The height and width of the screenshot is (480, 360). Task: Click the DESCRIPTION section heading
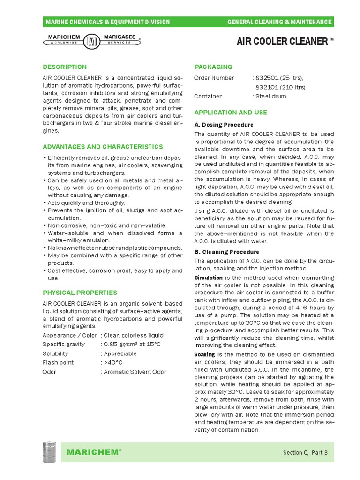(x=65, y=67)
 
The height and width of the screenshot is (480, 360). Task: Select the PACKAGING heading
(x=213, y=67)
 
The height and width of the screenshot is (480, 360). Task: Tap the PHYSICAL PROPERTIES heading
(x=80, y=292)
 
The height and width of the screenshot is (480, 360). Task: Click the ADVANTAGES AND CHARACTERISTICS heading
(x=103, y=147)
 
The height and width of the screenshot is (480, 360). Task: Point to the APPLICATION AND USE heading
(x=231, y=112)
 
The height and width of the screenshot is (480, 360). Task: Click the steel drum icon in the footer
(x=50, y=452)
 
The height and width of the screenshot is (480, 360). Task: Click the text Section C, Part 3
(x=305, y=452)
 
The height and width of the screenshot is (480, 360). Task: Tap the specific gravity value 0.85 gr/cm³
(x=118, y=345)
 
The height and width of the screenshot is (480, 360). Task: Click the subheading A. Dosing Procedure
(x=224, y=125)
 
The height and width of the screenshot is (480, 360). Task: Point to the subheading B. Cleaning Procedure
(x=227, y=251)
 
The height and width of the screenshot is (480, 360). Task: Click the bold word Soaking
(x=204, y=354)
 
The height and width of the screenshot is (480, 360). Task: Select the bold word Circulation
(x=209, y=278)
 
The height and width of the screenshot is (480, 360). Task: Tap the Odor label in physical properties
(x=49, y=372)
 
